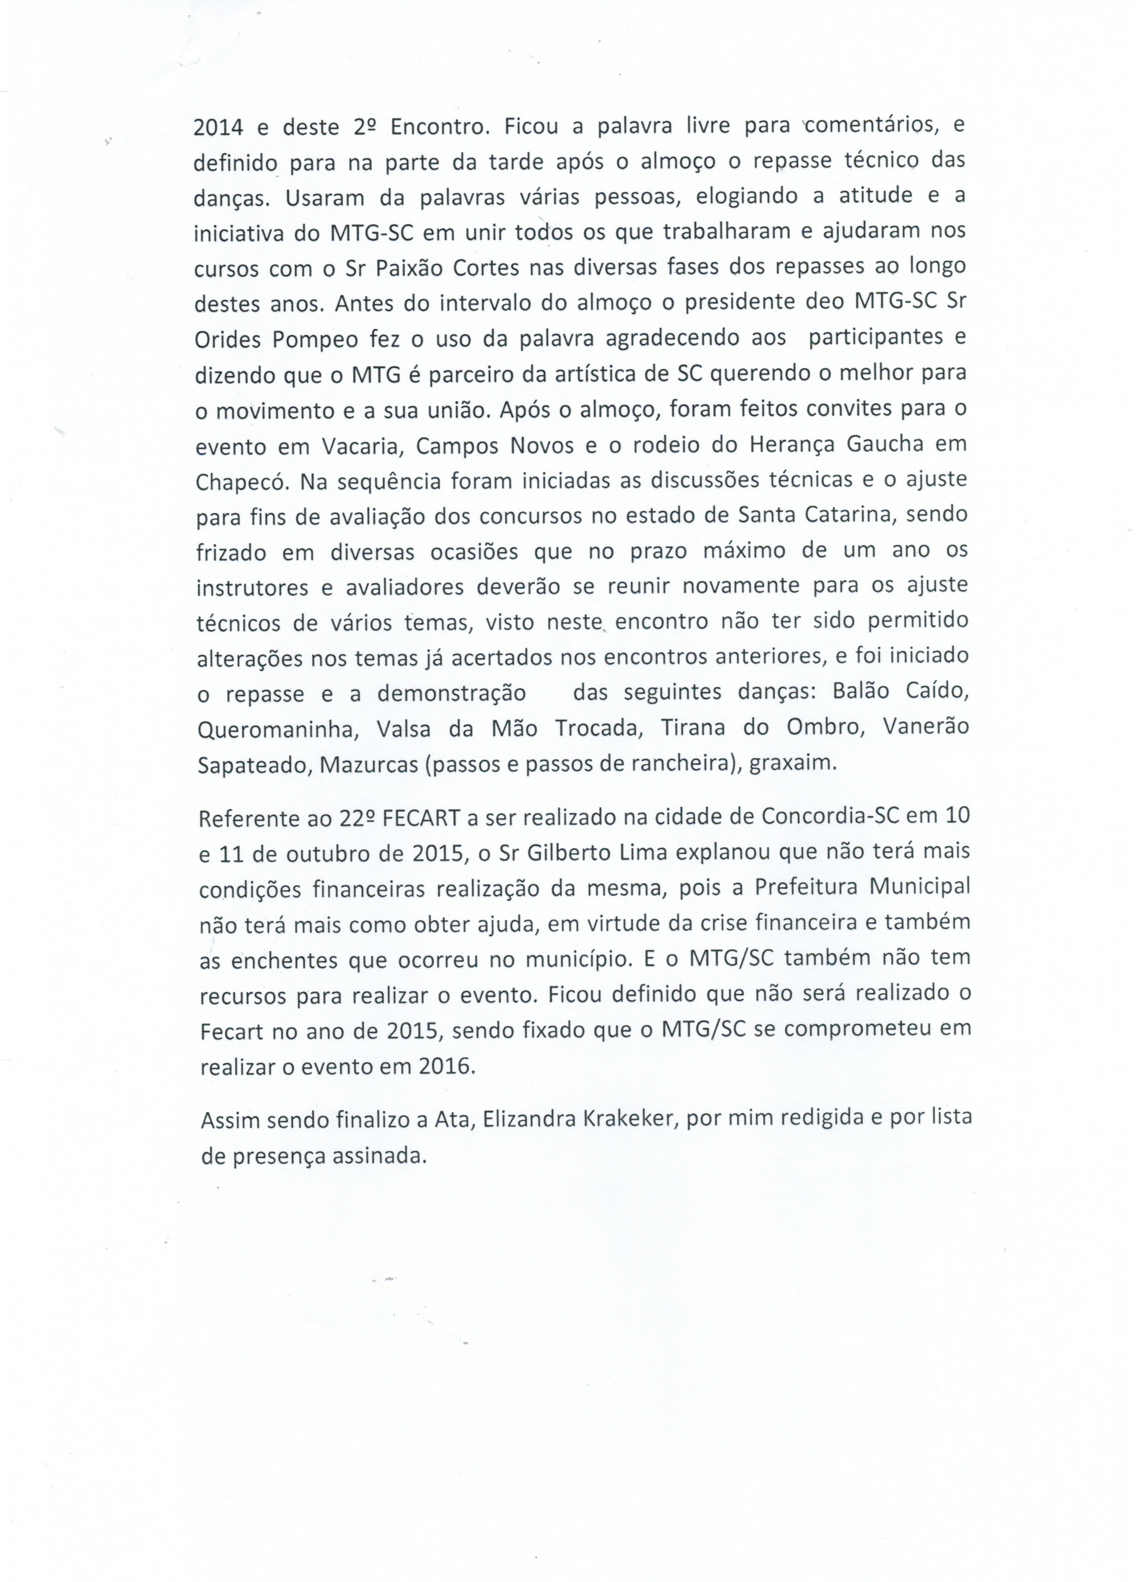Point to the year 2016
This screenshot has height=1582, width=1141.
(x=446, y=1066)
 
